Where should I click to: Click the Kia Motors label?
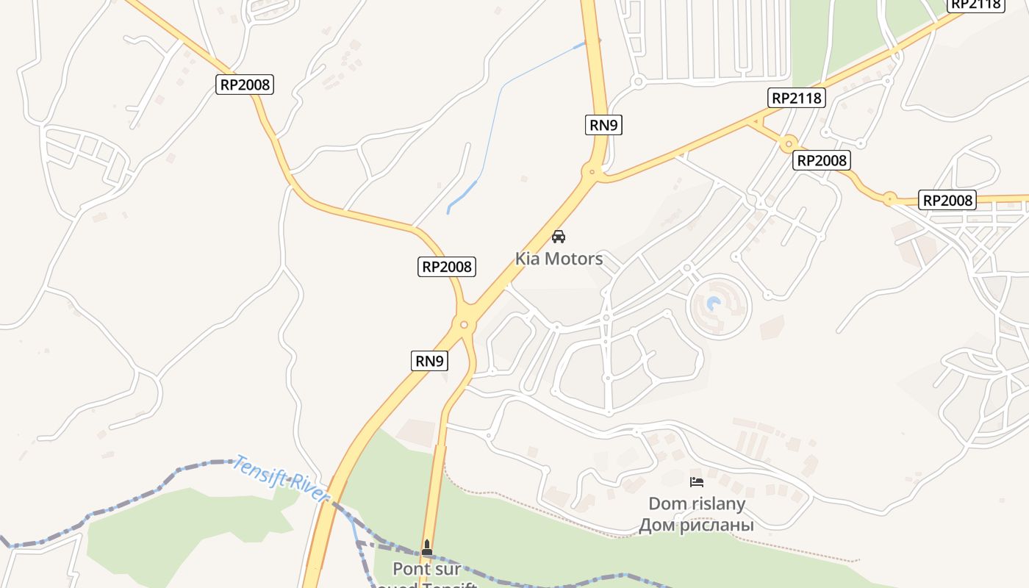coord(559,259)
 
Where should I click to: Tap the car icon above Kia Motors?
coord(559,237)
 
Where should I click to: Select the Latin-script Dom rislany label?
coord(696,504)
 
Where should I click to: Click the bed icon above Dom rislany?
coord(696,482)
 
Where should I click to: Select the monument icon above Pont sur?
coord(427,548)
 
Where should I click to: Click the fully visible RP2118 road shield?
coord(797,98)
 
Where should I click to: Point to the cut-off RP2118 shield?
coord(976,4)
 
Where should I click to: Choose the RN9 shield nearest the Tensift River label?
coord(429,361)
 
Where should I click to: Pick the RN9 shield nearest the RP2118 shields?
coord(604,125)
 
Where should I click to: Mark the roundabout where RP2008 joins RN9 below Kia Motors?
coord(464,324)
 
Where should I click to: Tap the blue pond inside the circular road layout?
coord(714,303)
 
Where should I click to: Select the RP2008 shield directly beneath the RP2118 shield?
coord(822,160)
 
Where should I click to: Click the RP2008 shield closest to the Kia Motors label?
coord(448,266)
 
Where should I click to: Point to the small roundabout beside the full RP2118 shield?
coord(789,143)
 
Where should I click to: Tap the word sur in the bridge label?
coord(449,569)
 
